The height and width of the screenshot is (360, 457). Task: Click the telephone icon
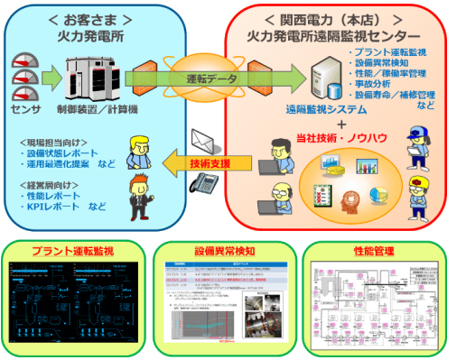pos(209,183)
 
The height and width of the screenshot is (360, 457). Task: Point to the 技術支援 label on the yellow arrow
pos(210,162)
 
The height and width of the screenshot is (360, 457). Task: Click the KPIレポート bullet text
pos(60,206)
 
